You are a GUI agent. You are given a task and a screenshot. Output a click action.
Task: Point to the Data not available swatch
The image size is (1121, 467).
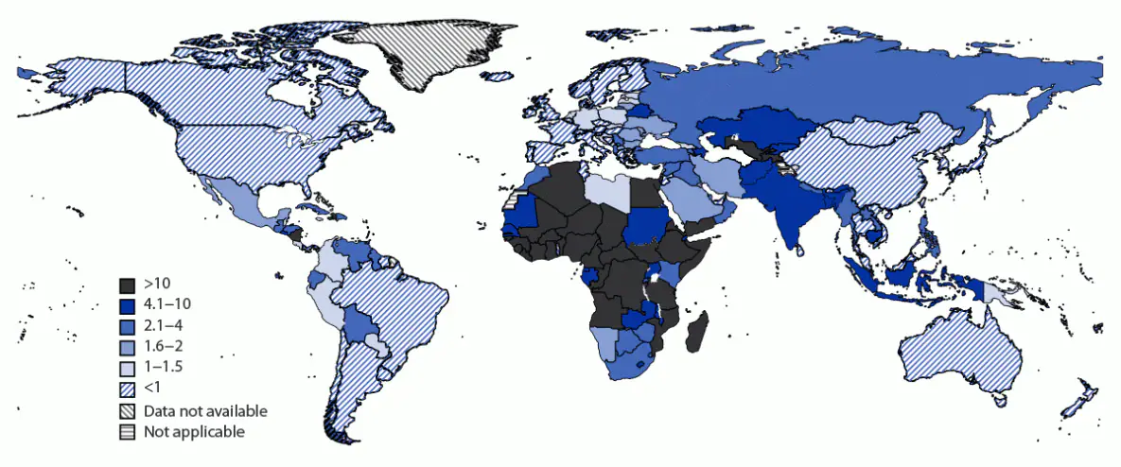coord(128,411)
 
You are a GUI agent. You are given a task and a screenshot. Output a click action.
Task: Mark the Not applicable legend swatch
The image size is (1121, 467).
coord(128,432)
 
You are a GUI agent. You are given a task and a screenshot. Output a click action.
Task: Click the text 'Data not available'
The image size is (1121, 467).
coord(205,411)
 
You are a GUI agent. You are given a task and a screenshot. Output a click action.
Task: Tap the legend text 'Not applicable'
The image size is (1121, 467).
coord(194,432)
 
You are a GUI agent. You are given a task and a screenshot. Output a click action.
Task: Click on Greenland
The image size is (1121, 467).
coord(426,52)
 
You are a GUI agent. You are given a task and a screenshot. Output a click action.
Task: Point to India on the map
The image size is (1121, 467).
coord(790,217)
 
